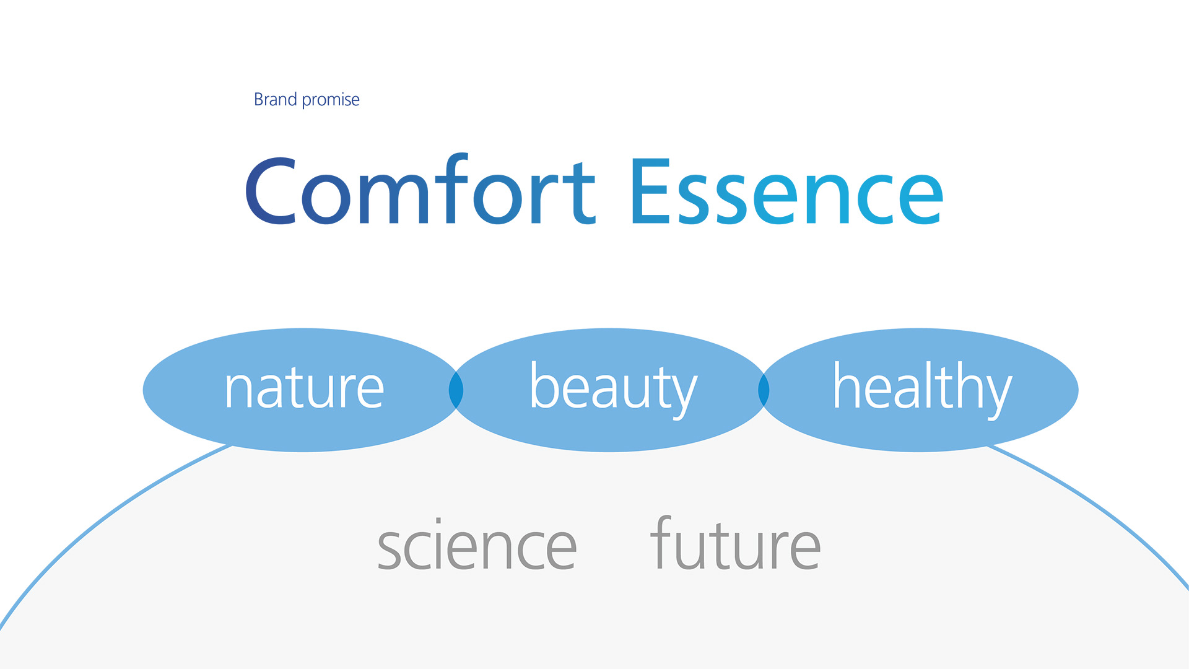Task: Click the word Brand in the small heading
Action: click(276, 99)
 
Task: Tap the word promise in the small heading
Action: click(331, 100)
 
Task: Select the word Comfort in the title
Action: click(420, 189)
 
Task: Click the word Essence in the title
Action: click(787, 191)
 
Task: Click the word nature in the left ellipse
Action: click(304, 388)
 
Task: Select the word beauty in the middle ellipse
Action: click(614, 388)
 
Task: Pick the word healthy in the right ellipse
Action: click(923, 388)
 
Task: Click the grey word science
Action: click(477, 544)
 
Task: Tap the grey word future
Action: click(735, 543)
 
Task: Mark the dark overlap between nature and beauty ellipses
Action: click(456, 390)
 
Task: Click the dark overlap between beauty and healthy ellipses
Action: click(764, 390)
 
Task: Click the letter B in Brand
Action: click(259, 99)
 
